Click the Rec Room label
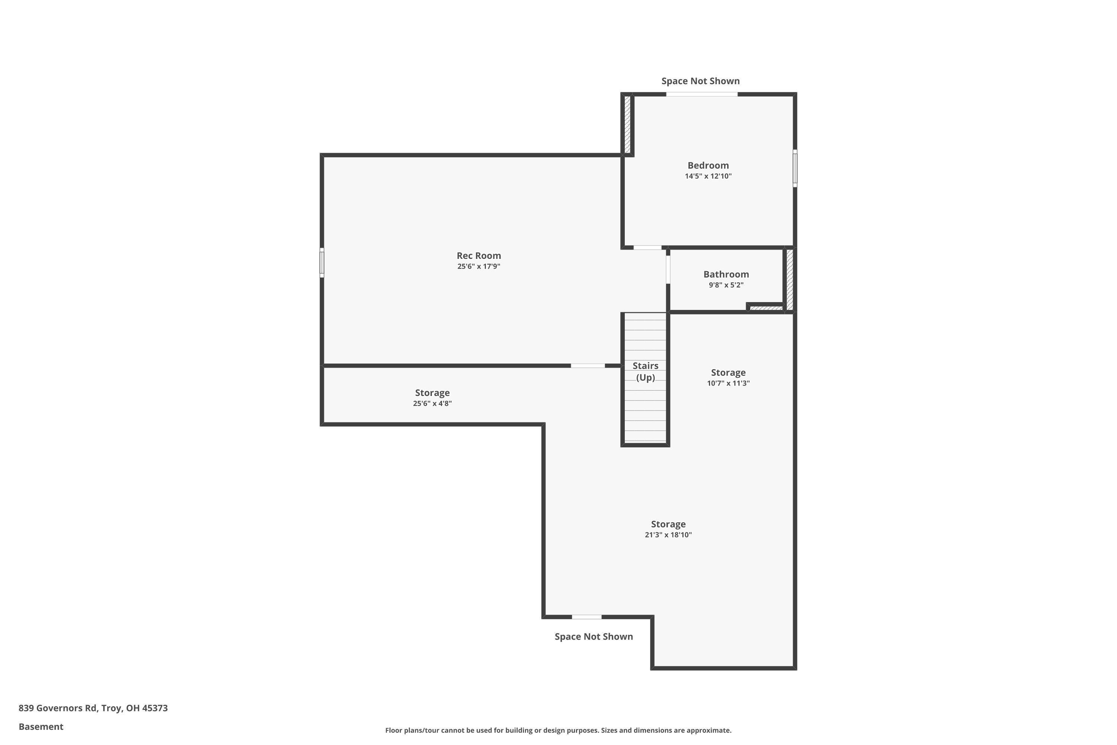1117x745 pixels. (x=479, y=256)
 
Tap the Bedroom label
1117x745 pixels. (x=708, y=165)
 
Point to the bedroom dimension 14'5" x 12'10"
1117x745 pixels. (x=708, y=176)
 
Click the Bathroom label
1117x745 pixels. (x=726, y=274)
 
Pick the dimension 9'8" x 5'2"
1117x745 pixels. (x=726, y=285)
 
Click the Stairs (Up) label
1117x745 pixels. (x=645, y=371)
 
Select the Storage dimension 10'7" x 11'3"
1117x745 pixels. (x=728, y=383)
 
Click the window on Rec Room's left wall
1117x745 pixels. (x=322, y=262)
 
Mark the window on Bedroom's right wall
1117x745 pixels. (x=795, y=168)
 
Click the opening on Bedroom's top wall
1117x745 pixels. (x=701, y=94)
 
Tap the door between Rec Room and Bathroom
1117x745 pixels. (x=668, y=269)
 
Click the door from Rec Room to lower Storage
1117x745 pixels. (x=588, y=366)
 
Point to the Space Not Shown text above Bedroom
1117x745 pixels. (x=700, y=81)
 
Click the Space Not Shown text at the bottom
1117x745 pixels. (x=593, y=637)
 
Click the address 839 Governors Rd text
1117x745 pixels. (x=93, y=708)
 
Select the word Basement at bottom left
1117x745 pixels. (x=41, y=726)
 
